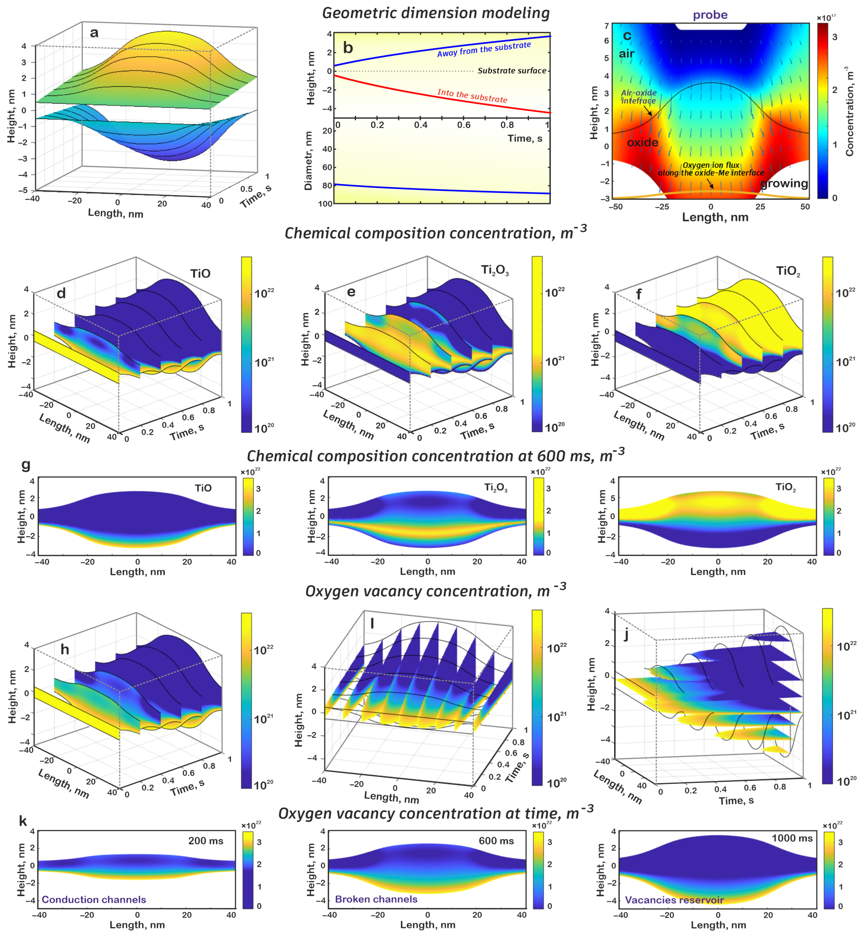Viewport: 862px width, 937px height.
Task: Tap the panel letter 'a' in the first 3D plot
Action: click(x=94, y=33)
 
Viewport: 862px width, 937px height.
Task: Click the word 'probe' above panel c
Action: click(x=710, y=15)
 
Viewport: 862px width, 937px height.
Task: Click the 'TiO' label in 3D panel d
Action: click(x=200, y=274)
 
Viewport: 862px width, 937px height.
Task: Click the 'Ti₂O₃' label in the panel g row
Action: click(x=495, y=488)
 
